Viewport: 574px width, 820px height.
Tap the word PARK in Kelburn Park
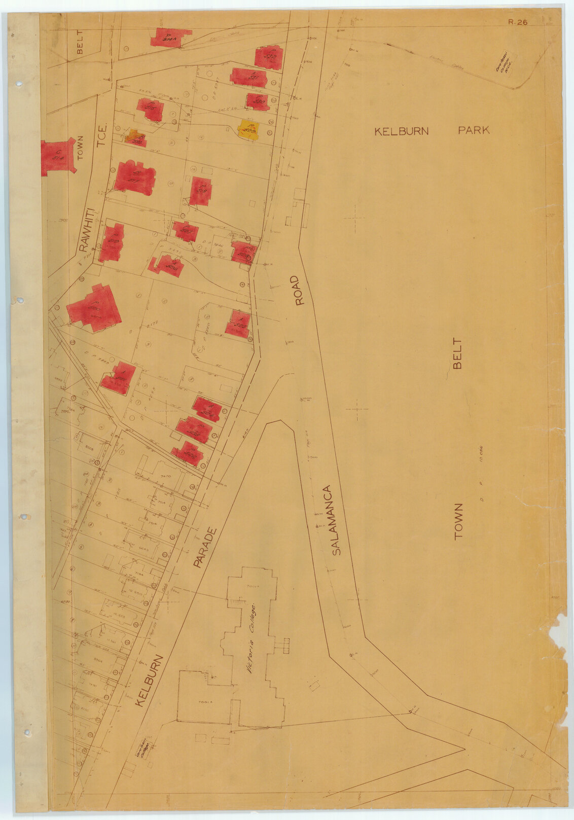coord(474,130)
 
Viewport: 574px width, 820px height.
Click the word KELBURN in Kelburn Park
coord(401,131)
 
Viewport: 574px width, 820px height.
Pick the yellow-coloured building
coord(248,130)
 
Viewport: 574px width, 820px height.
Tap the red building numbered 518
coord(200,191)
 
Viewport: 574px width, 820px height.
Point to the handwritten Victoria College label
coord(251,637)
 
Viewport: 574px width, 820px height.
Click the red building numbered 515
coord(151,109)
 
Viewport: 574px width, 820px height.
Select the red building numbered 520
coord(257,101)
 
